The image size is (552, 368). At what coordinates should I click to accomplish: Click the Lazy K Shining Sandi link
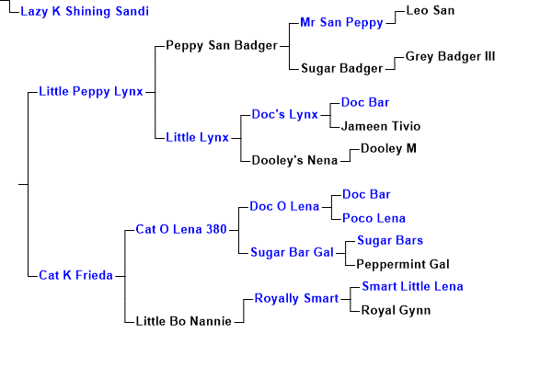85,12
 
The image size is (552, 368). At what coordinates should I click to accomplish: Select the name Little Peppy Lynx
91,92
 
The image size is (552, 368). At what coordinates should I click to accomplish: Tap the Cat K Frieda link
75,275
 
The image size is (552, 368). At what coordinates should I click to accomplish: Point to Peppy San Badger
222,46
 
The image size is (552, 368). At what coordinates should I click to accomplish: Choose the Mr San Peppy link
341,23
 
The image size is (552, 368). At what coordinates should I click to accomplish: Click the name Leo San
431,10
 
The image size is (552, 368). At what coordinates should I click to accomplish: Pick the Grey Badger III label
450,57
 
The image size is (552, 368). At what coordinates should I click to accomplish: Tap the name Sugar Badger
342,69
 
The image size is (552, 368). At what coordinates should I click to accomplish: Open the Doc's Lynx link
285,115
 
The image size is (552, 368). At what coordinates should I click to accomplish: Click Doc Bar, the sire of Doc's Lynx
365,102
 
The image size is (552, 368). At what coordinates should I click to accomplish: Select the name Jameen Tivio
381,126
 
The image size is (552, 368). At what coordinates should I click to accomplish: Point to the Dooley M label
388,149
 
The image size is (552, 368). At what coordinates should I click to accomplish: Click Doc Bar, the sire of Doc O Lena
366,195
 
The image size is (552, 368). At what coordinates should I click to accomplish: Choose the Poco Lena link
374,218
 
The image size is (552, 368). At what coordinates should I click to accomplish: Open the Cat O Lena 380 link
181,230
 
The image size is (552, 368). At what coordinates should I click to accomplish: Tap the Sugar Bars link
390,241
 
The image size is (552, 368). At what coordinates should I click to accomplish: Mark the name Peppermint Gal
403,264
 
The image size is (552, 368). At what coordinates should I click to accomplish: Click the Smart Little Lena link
412,287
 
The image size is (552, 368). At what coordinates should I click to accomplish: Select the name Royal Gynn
396,311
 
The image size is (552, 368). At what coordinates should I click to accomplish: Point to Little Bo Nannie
183,321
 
